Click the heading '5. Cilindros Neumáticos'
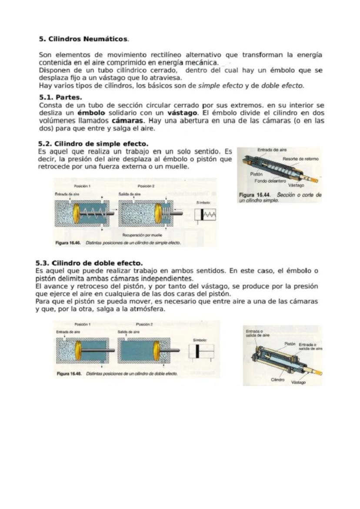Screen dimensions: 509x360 point(84,39)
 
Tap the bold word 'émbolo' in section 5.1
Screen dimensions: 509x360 point(91,113)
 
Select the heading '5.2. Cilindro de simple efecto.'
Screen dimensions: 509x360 point(93,144)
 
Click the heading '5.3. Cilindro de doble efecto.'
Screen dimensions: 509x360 point(89,263)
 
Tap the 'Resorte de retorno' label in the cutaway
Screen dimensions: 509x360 point(300,159)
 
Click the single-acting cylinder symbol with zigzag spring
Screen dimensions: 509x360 point(206,215)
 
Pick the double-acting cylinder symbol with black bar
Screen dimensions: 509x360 point(201,351)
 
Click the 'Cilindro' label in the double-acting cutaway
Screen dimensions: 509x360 point(277,379)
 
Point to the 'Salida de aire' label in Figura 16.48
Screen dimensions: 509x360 point(129,332)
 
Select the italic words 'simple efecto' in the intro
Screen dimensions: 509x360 point(220,86)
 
